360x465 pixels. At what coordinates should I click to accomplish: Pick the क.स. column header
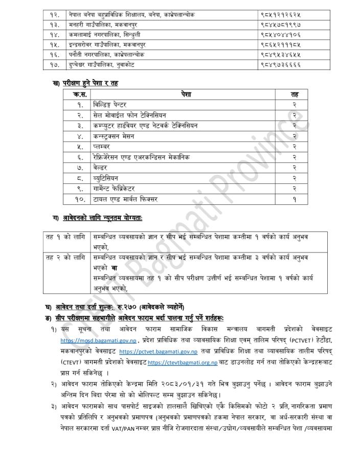click(80, 94)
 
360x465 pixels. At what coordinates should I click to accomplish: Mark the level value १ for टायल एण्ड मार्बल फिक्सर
click(295, 198)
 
